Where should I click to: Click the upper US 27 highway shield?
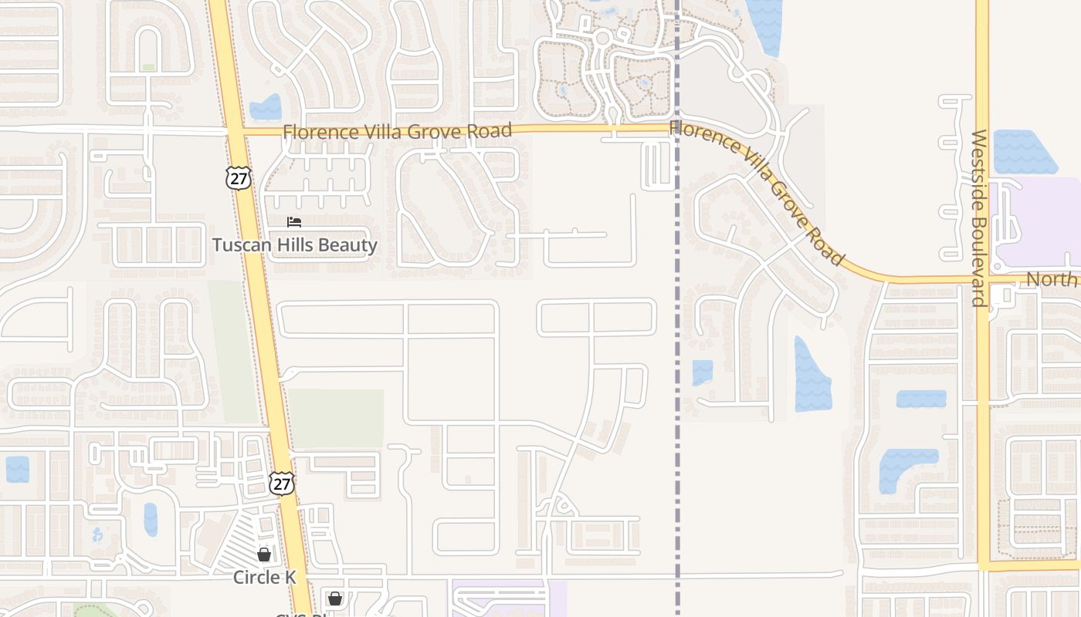239,177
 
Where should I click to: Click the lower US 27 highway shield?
282,483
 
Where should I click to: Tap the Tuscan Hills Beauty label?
295,245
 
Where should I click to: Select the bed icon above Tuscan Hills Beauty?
294,222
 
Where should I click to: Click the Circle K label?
265,577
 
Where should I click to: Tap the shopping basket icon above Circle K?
264,555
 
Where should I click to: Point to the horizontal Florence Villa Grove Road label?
397,131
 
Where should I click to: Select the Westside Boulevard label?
979,217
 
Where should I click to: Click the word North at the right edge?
1052,279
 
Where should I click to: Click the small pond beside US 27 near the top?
266,107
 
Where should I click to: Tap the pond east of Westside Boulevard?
1022,152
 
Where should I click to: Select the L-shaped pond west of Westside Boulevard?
900,467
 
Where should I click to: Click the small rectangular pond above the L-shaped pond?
921,399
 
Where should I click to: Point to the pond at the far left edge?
17,469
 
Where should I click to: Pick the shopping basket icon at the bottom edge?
334,598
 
